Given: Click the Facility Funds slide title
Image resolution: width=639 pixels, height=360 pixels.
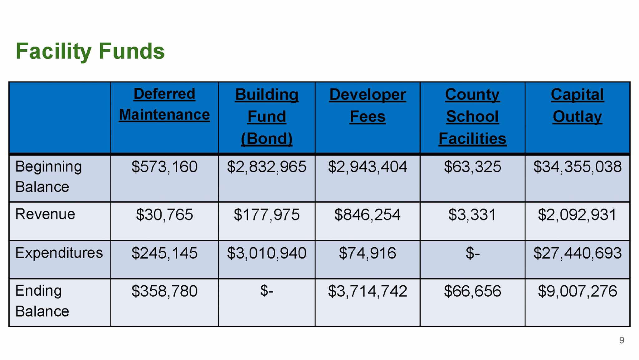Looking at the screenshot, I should pyautogui.click(x=90, y=51).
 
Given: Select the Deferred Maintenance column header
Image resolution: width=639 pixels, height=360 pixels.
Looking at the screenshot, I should pyautogui.click(x=164, y=104).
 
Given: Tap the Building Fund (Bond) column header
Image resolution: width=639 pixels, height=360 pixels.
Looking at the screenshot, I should pyautogui.click(x=267, y=116).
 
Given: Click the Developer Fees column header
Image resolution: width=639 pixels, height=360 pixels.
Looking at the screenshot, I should pyautogui.click(x=368, y=106).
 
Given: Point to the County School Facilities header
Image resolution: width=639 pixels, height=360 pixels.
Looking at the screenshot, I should pyautogui.click(x=472, y=116).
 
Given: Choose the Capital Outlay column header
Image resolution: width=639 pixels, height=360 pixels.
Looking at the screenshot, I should pyautogui.click(x=577, y=106).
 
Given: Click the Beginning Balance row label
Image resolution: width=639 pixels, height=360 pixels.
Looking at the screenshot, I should pyautogui.click(x=48, y=177).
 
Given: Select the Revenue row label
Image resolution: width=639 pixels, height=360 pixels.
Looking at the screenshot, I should pyautogui.click(x=45, y=214).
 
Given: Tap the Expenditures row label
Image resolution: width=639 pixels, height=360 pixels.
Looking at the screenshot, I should pyautogui.click(x=59, y=253).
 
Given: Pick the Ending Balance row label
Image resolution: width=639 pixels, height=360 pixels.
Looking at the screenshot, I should pyautogui.click(x=42, y=301).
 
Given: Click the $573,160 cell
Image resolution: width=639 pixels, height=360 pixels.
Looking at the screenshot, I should pyautogui.click(x=164, y=167).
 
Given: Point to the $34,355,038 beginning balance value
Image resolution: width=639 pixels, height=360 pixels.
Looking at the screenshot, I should pyautogui.click(x=577, y=167).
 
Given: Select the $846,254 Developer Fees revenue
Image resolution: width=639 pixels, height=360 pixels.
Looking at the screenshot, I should pyautogui.click(x=367, y=215).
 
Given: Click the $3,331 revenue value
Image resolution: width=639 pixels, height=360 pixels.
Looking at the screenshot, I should pyautogui.click(x=472, y=215).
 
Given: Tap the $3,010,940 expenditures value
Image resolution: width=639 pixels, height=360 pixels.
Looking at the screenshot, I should pyautogui.click(x=267, y=253).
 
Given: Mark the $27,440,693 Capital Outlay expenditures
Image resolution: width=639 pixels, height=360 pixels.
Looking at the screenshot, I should pyautogui.click(x=577, y=253).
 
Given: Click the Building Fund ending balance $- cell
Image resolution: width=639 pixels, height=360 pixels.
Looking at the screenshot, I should pyautogui.click(x=267, y=291).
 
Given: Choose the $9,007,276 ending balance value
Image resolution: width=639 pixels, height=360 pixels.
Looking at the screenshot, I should pyautogui.click(x=577, y=291).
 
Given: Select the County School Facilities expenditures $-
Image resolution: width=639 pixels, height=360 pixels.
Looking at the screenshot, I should pyautogui.click(x=472, y=253).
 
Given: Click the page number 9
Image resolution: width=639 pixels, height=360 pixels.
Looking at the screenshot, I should pyautogui.click(x=622, y=340).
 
